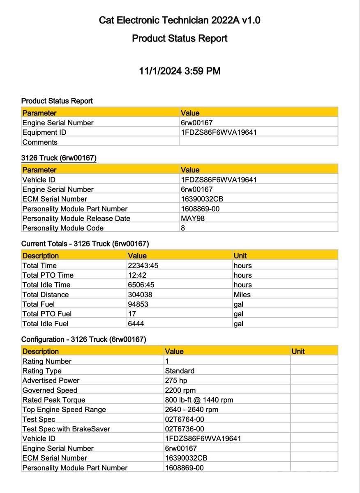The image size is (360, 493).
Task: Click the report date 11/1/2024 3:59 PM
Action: pyautogui.click(x=180, y=71)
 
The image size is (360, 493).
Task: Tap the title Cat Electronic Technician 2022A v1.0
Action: pyautogui.click(x=180, y=20)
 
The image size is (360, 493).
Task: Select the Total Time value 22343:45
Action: pyautogui.click(x=143, y=265)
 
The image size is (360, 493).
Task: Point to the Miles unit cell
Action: pyautogui.click(x=242, y=295)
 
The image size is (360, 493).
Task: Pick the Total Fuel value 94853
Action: pyautogui.click(x=138, y=304)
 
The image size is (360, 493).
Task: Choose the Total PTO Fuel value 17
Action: pyautogui.click(x=132, y=314)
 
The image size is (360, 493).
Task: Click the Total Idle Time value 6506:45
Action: pyautogui.click(x=141, y=285)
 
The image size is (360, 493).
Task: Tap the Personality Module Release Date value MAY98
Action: pyautogui.click(x=192, y=219)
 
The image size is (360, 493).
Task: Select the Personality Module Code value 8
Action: pyautogui.click(x=183, y=228)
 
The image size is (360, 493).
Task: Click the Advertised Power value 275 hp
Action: pyautogui.click(x=176, y=380)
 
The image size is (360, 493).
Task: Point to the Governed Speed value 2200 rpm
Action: pyautogui.click(x=180, y=390)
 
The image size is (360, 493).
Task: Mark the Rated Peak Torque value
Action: pyautogui.click(x=199, y=400)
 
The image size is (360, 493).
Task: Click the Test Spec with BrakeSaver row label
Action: pyautogui.click(x=66, y=429)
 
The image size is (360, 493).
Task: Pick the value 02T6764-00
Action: pyautogui.click(x=185, y=419)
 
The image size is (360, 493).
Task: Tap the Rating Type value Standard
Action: pyautogui.click(x=180, y=371)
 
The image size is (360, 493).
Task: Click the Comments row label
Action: pyautogui.click(x=40, y=142)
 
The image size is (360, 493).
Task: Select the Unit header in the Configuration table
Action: pyautogui.click(x=298, y=351)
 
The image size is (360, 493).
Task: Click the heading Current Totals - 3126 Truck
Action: pyautogui.click(x=85, y=244)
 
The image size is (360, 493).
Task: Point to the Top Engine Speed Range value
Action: pyautogui.click(x=192, y=410)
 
